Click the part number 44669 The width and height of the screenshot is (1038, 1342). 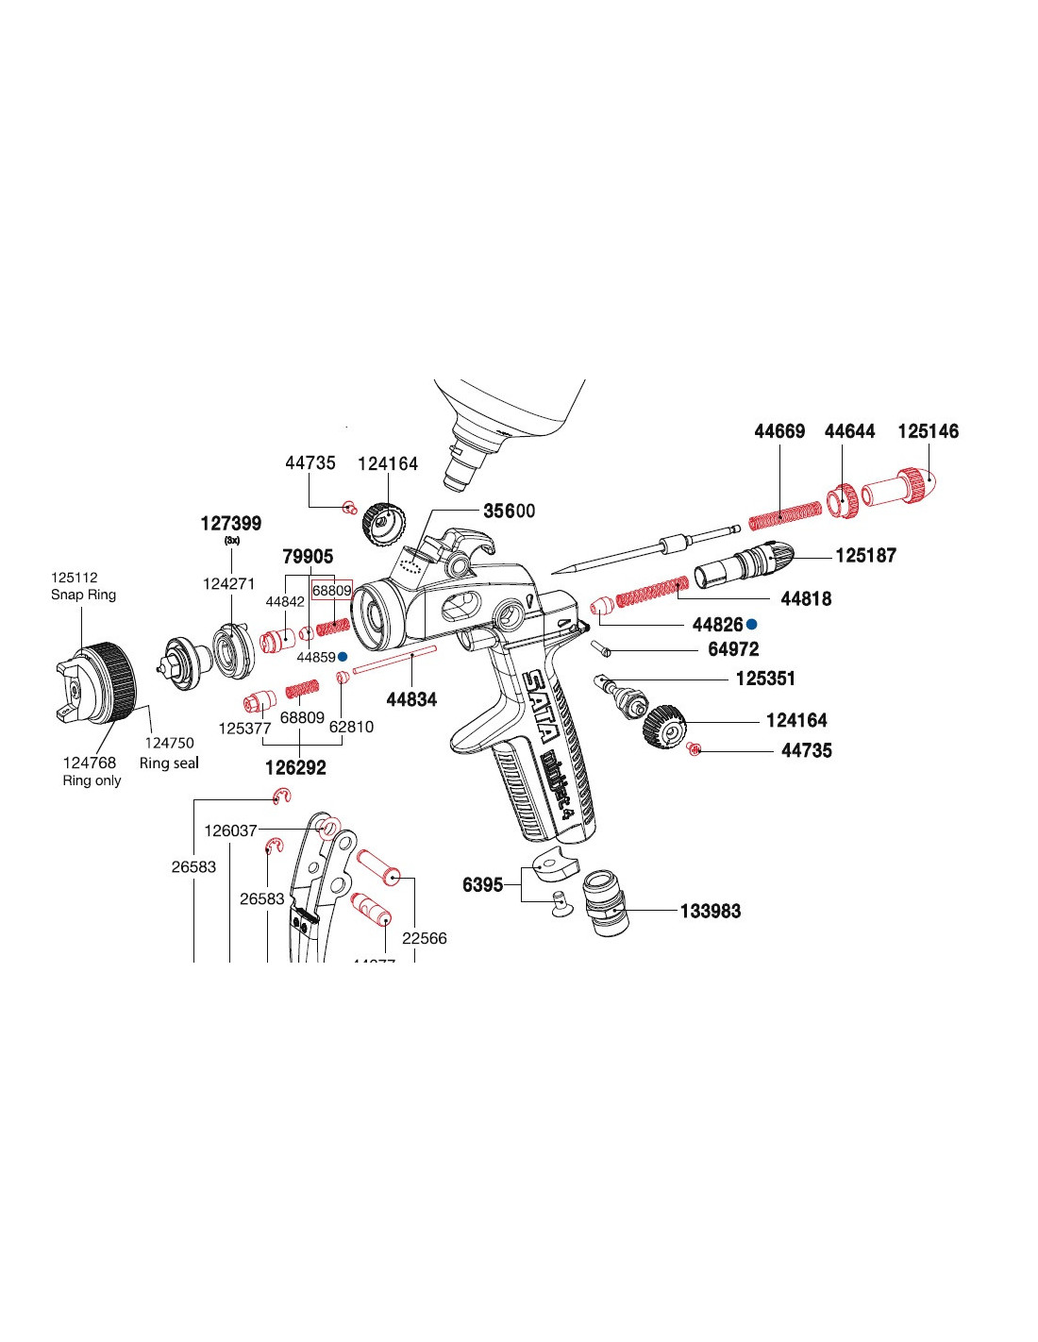pos(779,431)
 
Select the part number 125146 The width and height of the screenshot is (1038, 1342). pos(928,431)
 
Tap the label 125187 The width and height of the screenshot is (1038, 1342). pos(865,555)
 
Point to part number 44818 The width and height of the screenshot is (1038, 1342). pos(806,598)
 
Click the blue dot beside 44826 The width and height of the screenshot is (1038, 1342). pos(752,625)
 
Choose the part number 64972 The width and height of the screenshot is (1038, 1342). pos(733,649)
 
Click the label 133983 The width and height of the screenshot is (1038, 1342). pos(711,911)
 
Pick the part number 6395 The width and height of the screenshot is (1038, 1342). pos(482,884)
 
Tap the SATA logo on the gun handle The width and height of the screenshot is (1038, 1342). pos(543,704)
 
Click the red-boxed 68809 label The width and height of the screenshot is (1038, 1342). pos(331,591)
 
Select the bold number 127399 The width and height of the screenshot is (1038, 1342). pos(231,523)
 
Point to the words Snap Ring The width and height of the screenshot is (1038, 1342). pos(83,595)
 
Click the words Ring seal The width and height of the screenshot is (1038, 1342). pos(169,763)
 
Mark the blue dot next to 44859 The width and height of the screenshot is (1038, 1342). pos(343,656)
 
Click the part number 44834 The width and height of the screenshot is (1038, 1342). pos(411,699)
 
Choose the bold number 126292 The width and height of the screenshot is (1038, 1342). pos(295,767)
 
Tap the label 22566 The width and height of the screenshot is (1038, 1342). pos(425,938)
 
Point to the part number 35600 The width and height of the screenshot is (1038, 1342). pos(510,511)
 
